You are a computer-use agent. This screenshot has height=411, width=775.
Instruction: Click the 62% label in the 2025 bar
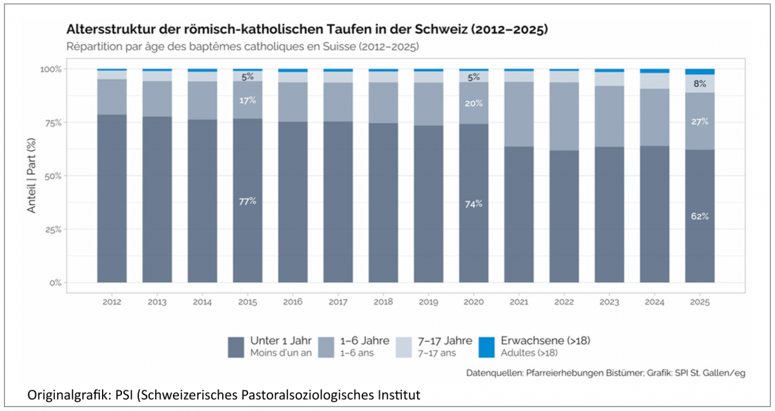699,216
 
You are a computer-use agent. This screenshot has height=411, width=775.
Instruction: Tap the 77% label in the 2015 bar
247,201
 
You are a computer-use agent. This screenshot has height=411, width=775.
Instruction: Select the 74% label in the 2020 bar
473,205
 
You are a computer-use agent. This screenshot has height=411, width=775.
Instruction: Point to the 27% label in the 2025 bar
699,122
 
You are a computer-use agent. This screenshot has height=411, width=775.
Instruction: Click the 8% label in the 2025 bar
699,84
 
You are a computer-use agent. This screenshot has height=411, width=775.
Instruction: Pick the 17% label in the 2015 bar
247,101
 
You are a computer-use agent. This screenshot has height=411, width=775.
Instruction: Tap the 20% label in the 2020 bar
473,103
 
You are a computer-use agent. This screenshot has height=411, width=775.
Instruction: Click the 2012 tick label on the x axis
112,302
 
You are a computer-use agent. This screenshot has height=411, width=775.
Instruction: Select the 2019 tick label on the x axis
428,302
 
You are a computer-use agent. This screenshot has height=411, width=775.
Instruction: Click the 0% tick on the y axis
56,283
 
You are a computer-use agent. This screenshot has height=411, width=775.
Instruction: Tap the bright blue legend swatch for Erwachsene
486,347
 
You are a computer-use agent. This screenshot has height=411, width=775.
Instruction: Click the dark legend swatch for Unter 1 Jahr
236,347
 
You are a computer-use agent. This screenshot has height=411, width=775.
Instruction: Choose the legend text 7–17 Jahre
445,341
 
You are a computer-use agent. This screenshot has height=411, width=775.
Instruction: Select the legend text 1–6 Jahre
365,341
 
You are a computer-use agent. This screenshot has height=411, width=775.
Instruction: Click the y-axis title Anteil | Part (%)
32,175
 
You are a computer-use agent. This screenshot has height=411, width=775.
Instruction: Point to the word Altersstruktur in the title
110,30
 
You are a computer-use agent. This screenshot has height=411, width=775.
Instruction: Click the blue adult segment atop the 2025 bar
699,72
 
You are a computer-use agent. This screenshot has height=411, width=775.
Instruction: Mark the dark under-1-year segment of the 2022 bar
564,216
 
